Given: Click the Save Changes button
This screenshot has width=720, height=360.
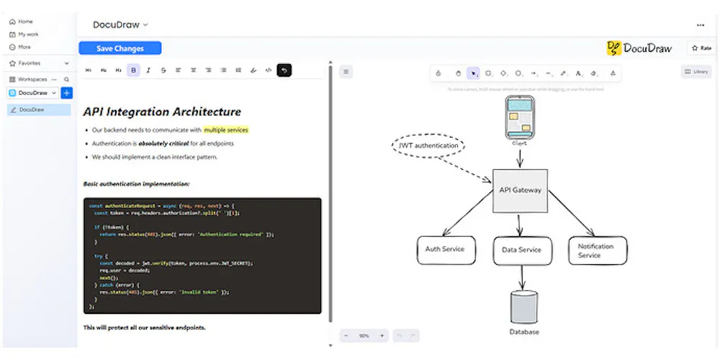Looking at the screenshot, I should coord(120,48).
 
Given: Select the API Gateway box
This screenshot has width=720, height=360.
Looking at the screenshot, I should coord(520,191).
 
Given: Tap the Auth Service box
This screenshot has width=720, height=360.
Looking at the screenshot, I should coord(444,249).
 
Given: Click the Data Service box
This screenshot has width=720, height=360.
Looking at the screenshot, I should coord(521,251).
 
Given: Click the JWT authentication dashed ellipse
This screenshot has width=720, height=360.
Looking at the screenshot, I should coord(428,146).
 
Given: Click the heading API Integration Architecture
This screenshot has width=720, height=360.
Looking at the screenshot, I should coord(162,112).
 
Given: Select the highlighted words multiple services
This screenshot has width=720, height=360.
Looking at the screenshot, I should coord(226,130).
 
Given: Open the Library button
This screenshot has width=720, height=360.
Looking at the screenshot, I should coord(696,72).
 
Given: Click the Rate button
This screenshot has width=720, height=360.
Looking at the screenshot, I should coord(701,48).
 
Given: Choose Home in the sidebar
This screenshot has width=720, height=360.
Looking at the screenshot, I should coord(25,22).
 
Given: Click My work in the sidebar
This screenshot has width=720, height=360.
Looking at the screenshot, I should coord(29,34).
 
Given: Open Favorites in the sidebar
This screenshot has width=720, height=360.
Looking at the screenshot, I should coord(30,63).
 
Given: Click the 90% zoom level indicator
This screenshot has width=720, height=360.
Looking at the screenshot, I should coord(364,336).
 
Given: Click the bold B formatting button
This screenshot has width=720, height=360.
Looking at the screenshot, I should coord(133,70).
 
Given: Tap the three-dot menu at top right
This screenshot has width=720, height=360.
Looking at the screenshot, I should coord(701,24).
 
